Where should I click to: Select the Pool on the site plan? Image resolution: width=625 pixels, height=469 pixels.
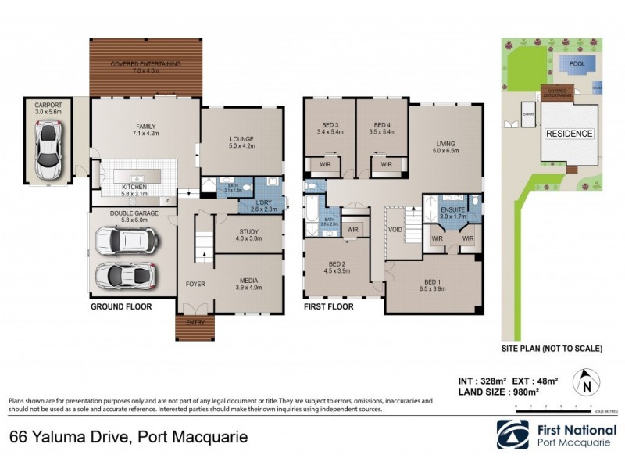point(577,64)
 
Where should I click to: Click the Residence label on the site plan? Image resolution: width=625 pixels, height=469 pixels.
point(569,134)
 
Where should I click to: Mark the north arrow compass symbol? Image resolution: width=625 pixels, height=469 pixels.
point(587,383)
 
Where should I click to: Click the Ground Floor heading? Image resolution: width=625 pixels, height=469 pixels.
point(120,307)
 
